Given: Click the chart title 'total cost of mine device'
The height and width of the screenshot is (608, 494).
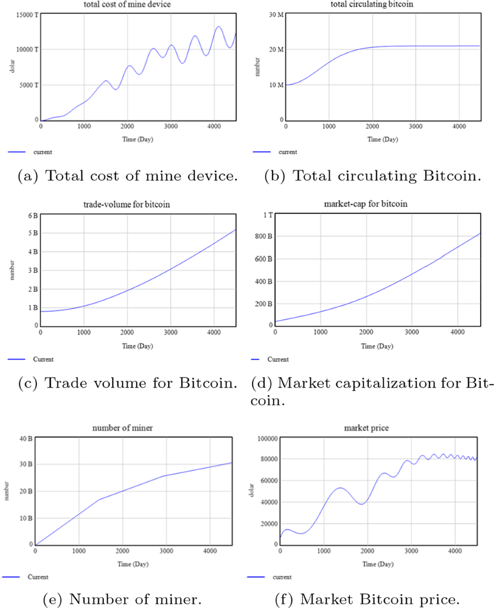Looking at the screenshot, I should click(127, 5).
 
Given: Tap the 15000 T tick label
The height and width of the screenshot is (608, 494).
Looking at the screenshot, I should click(27, 15).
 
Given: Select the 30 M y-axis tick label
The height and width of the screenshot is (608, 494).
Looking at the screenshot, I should click(276, 15).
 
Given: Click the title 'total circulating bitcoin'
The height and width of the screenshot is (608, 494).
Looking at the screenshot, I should click(372, 5).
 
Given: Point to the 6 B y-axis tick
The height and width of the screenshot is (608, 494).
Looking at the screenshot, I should click(33, 216).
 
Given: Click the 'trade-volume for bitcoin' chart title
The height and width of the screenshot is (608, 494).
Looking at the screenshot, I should click(126, 204).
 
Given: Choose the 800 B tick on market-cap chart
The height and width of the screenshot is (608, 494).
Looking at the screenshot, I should click(263, 237).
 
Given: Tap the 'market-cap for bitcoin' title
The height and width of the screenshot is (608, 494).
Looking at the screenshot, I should click(366, 204).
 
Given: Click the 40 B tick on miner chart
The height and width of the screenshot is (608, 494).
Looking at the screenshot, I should click(26, 439).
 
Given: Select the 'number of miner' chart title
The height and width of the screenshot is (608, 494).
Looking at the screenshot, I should click(122, 428).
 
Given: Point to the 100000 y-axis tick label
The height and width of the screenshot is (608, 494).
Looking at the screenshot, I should click(268, 439).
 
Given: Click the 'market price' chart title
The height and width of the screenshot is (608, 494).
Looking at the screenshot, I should click(366, 428).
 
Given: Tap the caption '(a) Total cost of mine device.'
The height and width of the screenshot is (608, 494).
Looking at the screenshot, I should click(128, 176).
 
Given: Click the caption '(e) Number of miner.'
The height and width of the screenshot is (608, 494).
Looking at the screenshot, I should click(122, 599).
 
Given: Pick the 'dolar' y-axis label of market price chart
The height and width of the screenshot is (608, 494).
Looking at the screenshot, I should click(251, 491).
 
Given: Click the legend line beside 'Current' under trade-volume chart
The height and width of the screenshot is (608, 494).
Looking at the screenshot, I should click(16, 359).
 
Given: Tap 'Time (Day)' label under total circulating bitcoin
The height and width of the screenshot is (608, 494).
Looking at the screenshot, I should click(382, 139).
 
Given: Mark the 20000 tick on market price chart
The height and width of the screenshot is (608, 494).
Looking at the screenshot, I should click(268, 524).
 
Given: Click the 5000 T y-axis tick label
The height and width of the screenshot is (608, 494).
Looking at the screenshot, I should click(29, 85).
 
